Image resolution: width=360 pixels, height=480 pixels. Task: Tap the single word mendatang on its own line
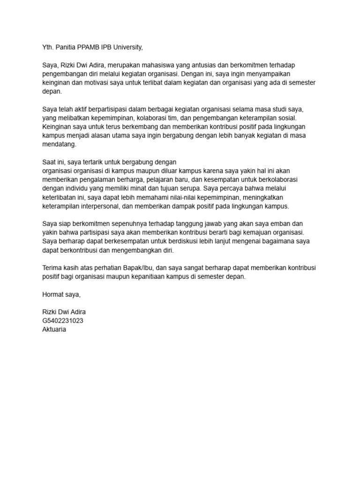click(59, 145)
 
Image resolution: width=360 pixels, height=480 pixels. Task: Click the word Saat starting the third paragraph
click(50, 162)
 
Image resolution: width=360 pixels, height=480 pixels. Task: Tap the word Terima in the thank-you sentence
click(52, 268)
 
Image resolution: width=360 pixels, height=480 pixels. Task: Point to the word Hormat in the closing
click(52, 294)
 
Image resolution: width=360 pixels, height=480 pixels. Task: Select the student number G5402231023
click(63, 321)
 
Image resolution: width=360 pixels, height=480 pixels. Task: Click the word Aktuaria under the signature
click(54, 330)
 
